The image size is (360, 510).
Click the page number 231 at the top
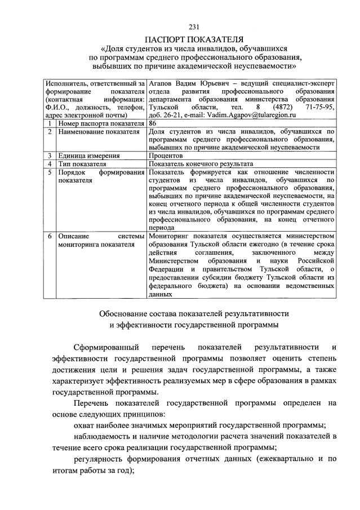click(x=194, y=26)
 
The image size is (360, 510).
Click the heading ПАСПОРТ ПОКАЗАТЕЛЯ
click(x=194, y=38)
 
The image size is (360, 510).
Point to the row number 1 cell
click(x=50, y=123)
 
